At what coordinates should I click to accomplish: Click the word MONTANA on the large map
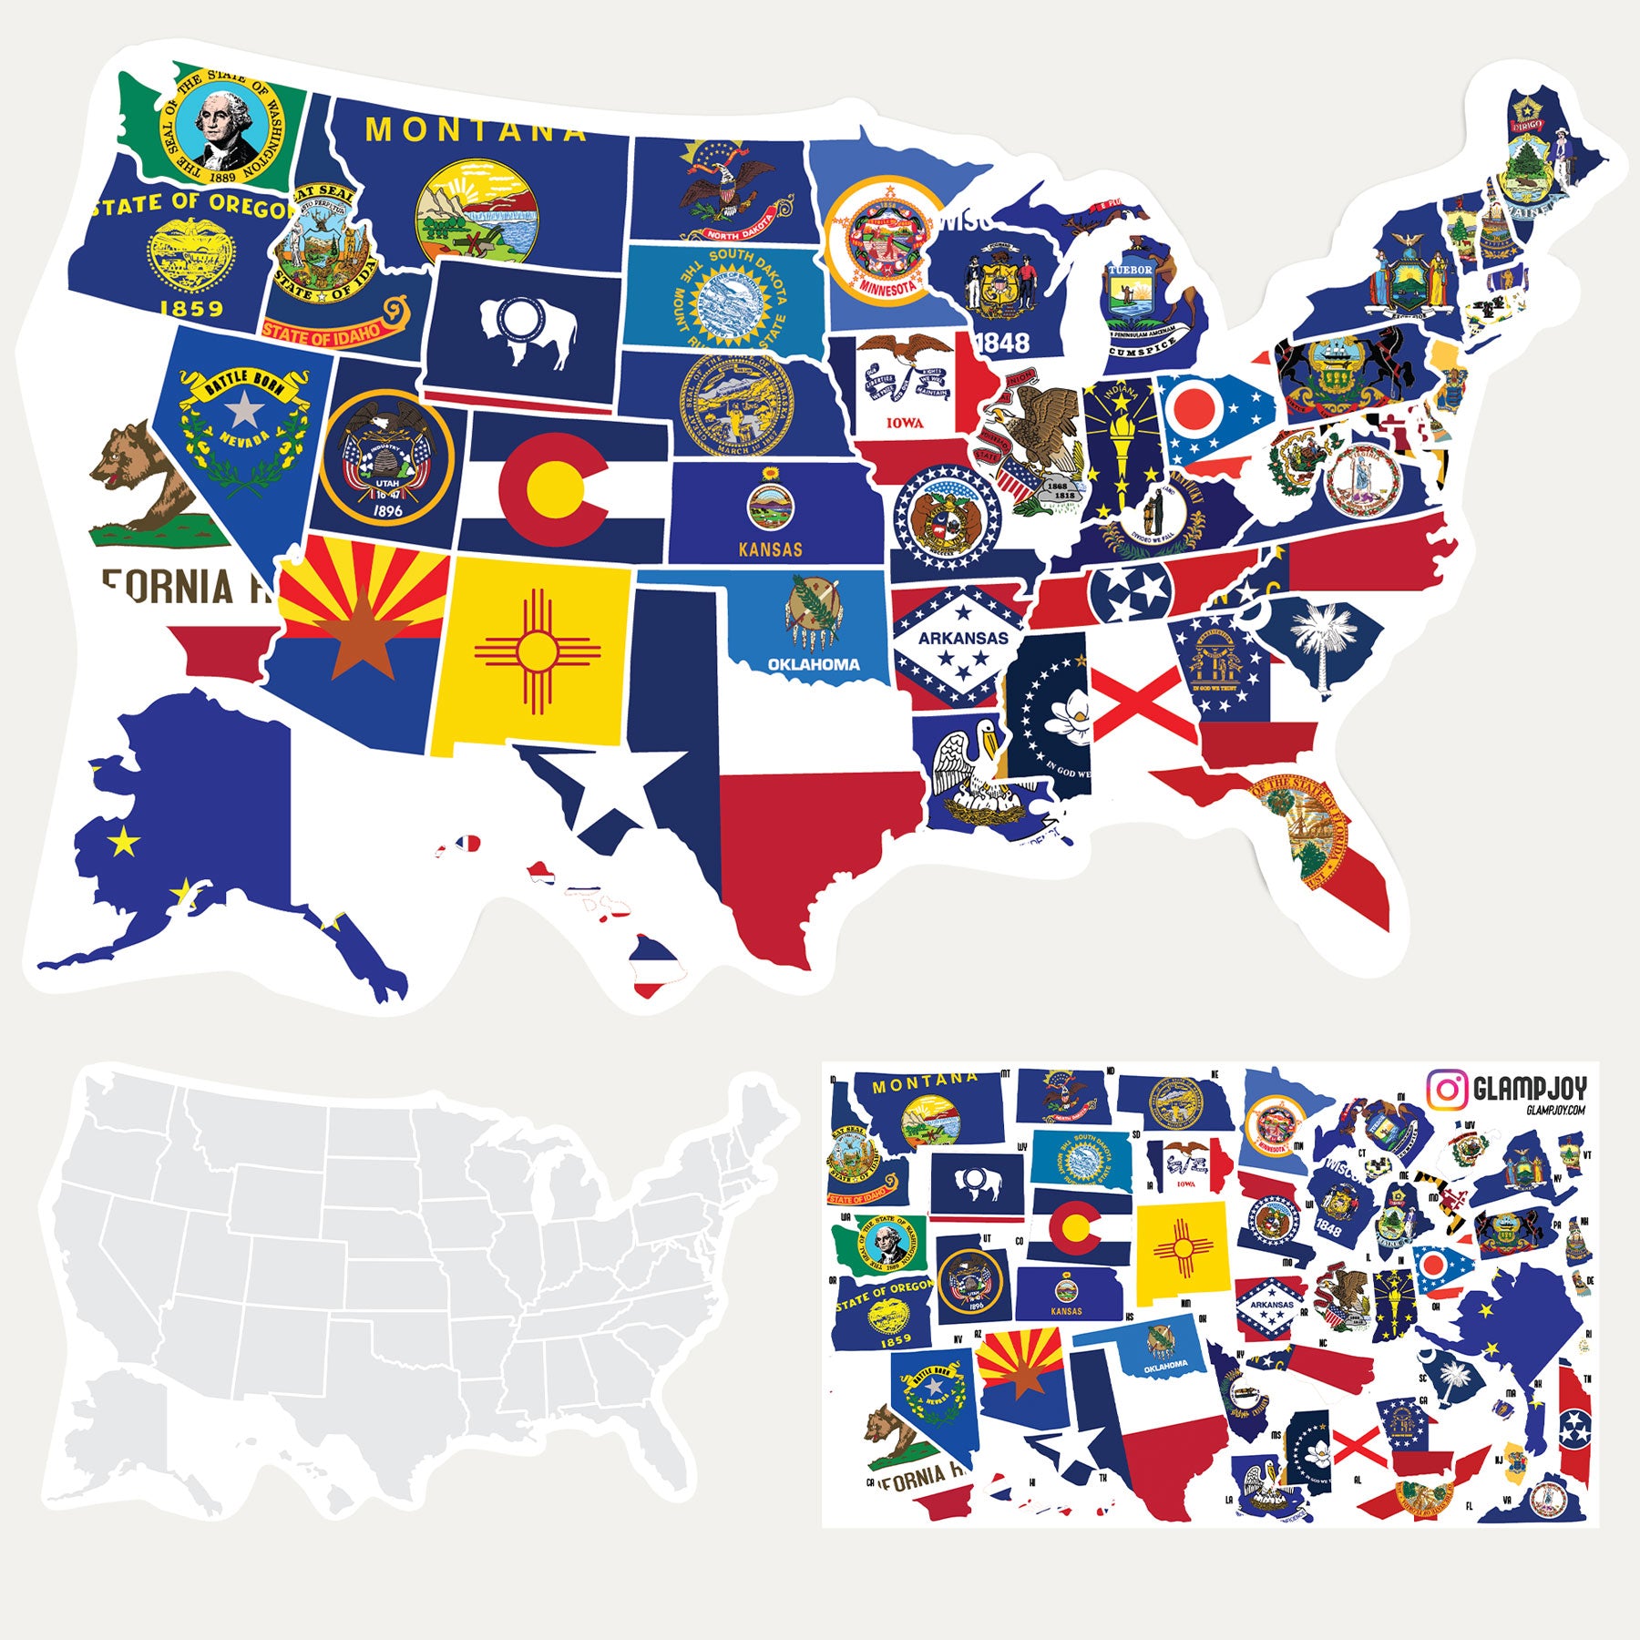pos(476,129)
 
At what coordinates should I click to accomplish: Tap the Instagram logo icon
pos(1446,1089)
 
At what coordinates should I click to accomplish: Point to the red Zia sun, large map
pos(537,651)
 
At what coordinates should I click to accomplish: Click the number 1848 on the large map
pos(1002,343)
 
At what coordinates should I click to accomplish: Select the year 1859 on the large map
pos(191,308)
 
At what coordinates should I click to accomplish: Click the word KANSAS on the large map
pos(771,549)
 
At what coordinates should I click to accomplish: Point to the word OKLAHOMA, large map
pos(814,664)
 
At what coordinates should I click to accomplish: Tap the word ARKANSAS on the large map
pos(963,638)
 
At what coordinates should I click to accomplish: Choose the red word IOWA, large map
pos(905,423)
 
